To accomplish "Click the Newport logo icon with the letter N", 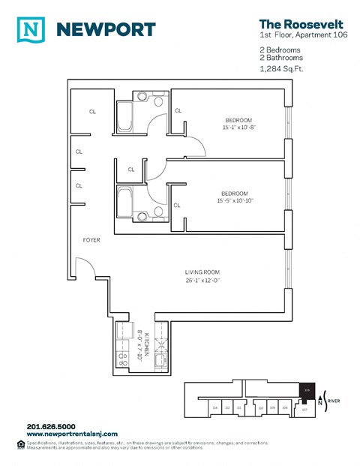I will [31, 29].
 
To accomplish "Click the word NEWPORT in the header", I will [106, 30].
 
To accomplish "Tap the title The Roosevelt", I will [290, 24].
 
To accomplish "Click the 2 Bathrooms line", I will [280, 58].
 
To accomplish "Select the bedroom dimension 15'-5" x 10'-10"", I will [235, 200].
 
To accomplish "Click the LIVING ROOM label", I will [202, 272].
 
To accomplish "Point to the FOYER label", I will [92, 240].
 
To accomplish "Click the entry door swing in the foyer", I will [84, 266].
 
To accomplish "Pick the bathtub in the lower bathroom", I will [124, 202].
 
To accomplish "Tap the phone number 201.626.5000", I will [50, 426].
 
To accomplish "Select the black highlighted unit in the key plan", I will [307, 391].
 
